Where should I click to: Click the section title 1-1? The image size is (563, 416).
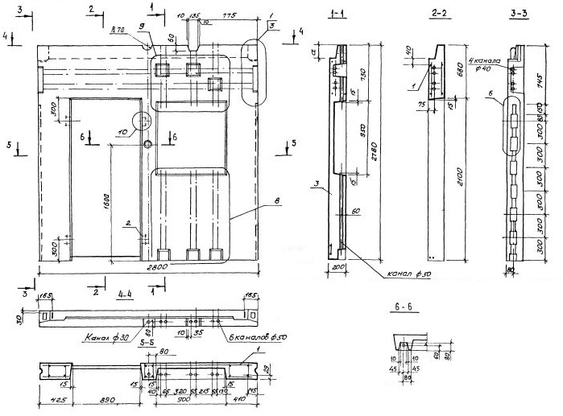[x=339, y=15]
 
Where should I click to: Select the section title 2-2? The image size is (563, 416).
[x=439, y=14]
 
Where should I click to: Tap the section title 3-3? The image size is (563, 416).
[x=519, y=14]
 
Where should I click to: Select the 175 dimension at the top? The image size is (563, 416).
[x=229, y=14]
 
